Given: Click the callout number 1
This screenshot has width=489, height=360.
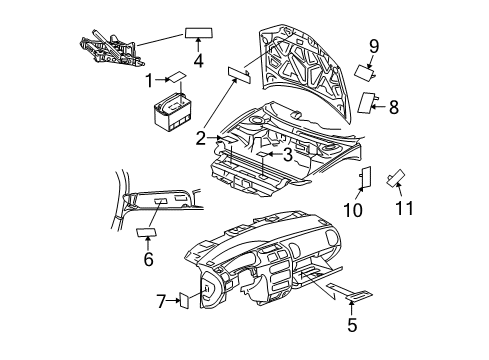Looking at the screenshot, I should (148, 79).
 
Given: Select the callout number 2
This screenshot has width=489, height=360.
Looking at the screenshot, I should (201, 138).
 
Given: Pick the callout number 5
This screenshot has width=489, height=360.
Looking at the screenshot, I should (351, 325).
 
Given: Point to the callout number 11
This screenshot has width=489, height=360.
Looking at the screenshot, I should (404, 208).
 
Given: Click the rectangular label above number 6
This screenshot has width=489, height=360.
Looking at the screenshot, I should (148, 233).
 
